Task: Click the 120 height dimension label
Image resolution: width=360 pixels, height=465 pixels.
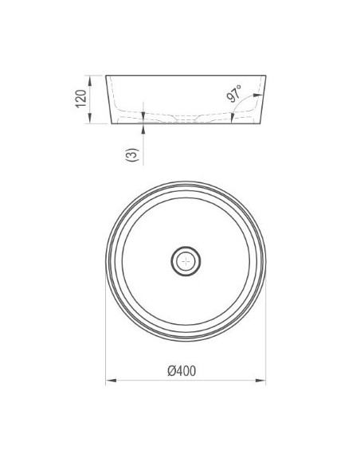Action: [81, 99]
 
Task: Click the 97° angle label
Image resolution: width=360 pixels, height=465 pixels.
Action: [234, 93]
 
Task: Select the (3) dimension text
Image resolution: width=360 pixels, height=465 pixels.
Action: [132, 154]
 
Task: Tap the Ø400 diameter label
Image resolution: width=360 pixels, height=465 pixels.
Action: [182, 371]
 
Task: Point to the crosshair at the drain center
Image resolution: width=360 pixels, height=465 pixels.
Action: [186, 261]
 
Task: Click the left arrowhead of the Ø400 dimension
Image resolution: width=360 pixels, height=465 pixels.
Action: [111, 381]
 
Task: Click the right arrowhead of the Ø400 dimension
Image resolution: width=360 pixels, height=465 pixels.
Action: [260, 381]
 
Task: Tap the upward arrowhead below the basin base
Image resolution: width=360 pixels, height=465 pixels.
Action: [143, 128]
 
